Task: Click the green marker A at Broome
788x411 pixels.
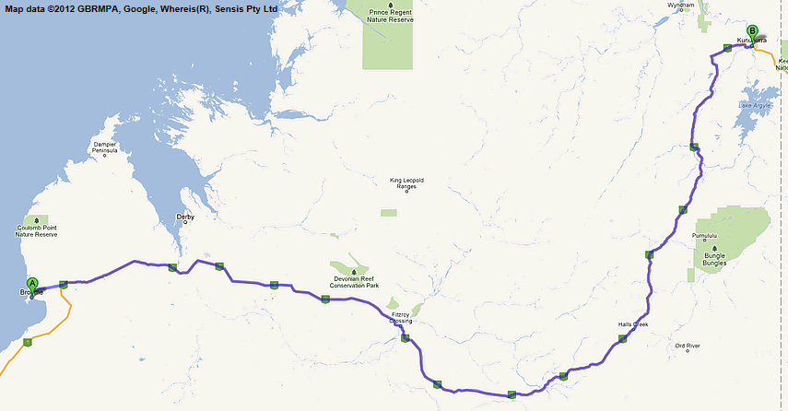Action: [x=32, y=285]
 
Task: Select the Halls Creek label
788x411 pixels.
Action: [x=634, y=325]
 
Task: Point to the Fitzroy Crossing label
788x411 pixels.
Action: [x=401, y=318]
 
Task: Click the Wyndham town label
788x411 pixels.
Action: [x=679, y=5]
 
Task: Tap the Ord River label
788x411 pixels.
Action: [x=688, y=346]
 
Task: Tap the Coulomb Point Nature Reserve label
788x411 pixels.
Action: [x=37, y=231]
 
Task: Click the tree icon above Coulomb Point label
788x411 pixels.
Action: [x=36, y=220]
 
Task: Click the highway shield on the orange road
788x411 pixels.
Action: [x=28, y=343]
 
